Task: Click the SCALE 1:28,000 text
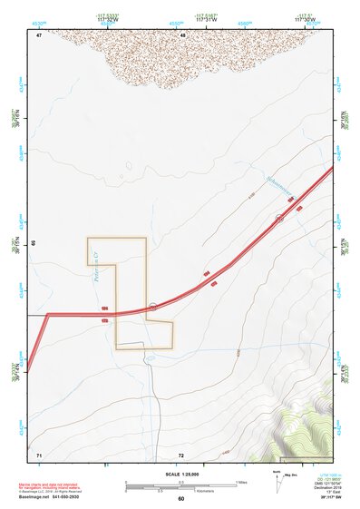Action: click(180, 474)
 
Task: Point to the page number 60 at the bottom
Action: click(180, 499)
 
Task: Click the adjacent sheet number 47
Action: click(39, 34)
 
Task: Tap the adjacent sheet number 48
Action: click(182, 34)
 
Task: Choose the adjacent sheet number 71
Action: click(39, 453)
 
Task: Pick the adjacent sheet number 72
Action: click(181, 453)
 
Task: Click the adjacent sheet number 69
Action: click(34, 244)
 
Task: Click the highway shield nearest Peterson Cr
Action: click(153, 307)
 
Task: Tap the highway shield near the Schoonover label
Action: click(280, 218)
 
